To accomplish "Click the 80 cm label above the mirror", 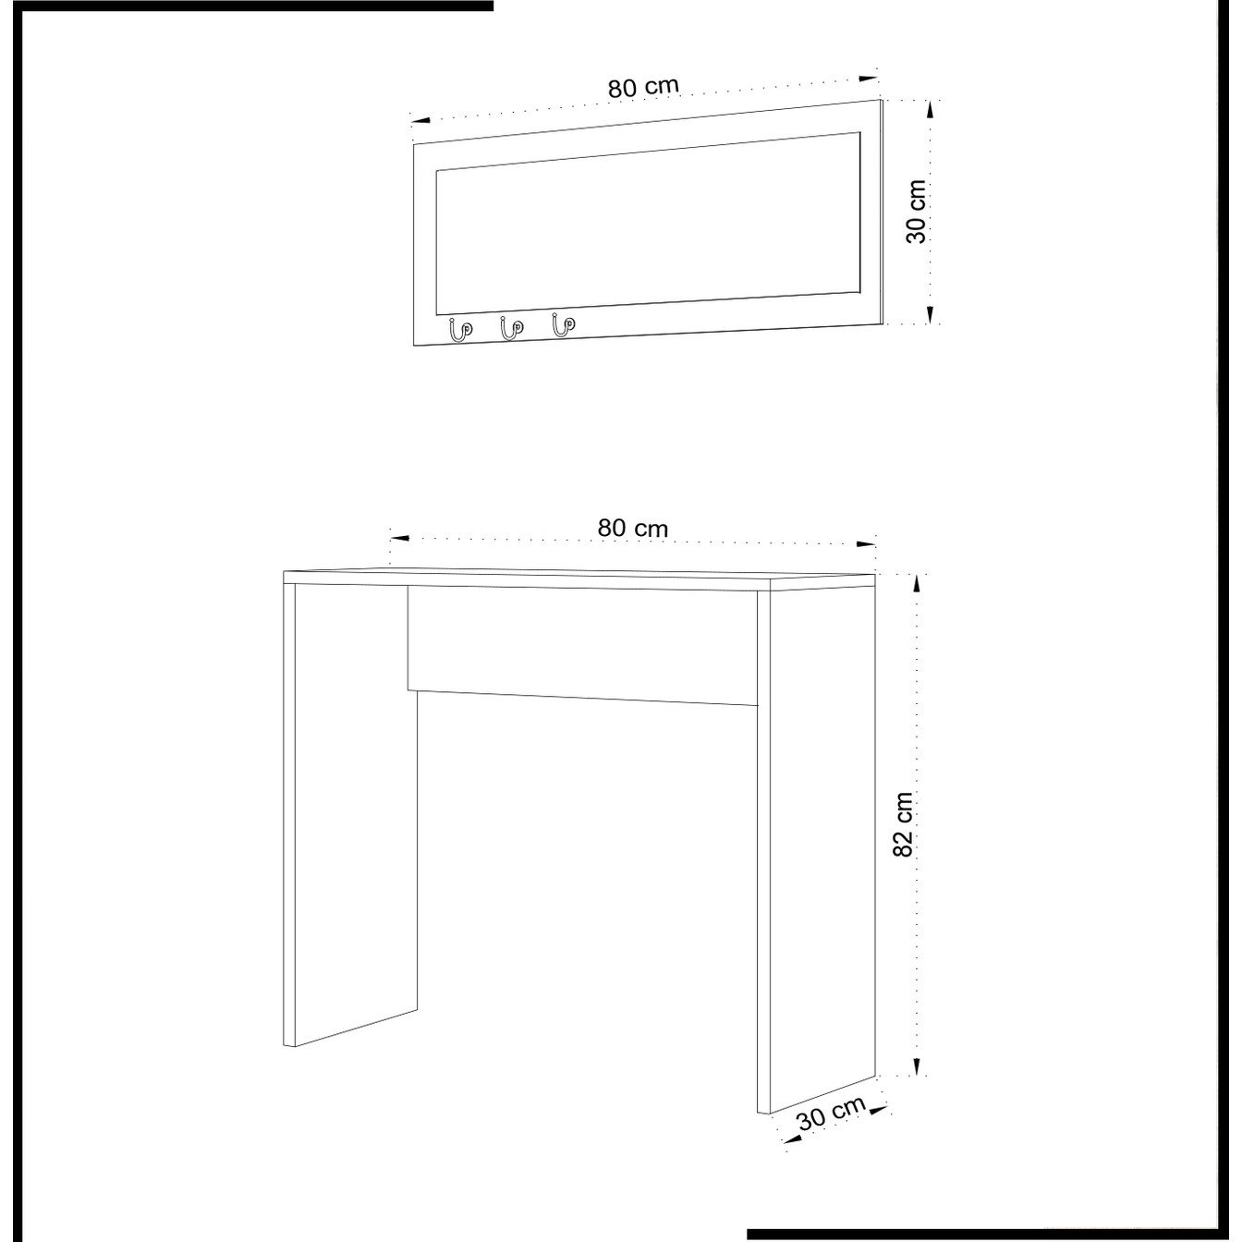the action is coord(643,87).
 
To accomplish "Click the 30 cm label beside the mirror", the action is coord(916,212).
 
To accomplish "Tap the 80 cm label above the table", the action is coord(632,529).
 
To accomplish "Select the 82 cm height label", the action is coord(904,824).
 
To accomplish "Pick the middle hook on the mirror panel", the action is coord(512,327).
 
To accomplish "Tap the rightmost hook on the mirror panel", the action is coord(564,324).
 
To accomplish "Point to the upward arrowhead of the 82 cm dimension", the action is coord(918,584).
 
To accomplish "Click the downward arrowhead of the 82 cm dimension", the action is coord(918,1066).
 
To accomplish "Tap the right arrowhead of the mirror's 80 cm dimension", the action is coord(870,79).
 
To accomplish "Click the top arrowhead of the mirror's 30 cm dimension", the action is coord(930,111).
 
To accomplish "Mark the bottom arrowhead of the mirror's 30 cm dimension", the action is coord(930,314).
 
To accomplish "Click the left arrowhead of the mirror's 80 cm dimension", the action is coord(421,120).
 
